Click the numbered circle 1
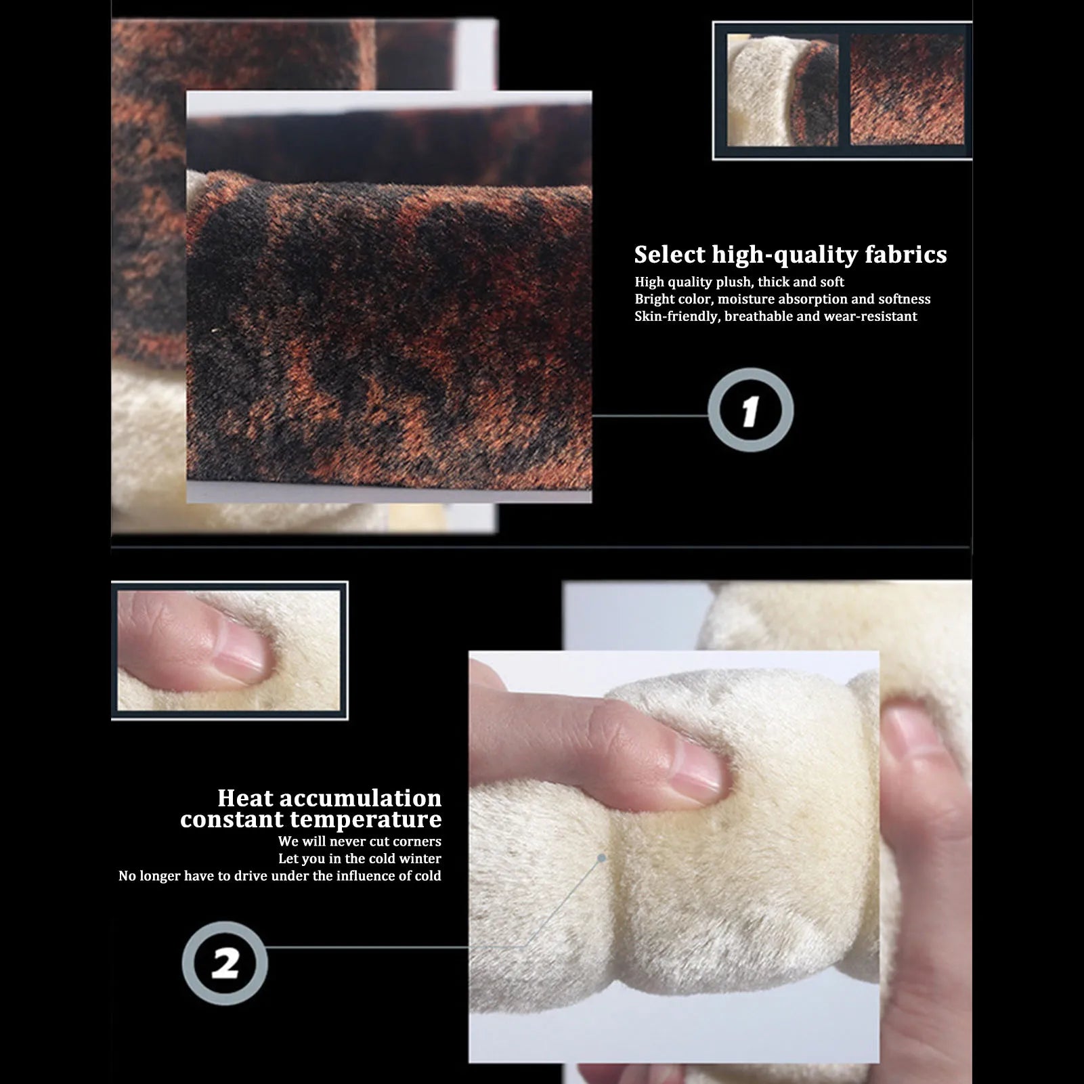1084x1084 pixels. point(750,410)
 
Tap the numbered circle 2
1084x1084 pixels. point(225,963)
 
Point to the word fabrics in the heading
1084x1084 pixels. point(905,255)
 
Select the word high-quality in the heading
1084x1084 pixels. point(785,256)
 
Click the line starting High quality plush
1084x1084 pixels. point(739,282)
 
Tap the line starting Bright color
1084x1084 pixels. point(782,299)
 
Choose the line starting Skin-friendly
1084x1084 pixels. point(775,316)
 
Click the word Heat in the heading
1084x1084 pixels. point(246,798)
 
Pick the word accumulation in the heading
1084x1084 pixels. point(361,798)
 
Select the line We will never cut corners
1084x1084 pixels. point(360,841)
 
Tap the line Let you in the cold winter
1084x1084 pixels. point(360,859)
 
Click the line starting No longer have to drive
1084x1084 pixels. point(280,875)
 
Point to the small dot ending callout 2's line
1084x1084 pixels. point(601,858)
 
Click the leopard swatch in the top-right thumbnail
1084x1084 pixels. point(907,89)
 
